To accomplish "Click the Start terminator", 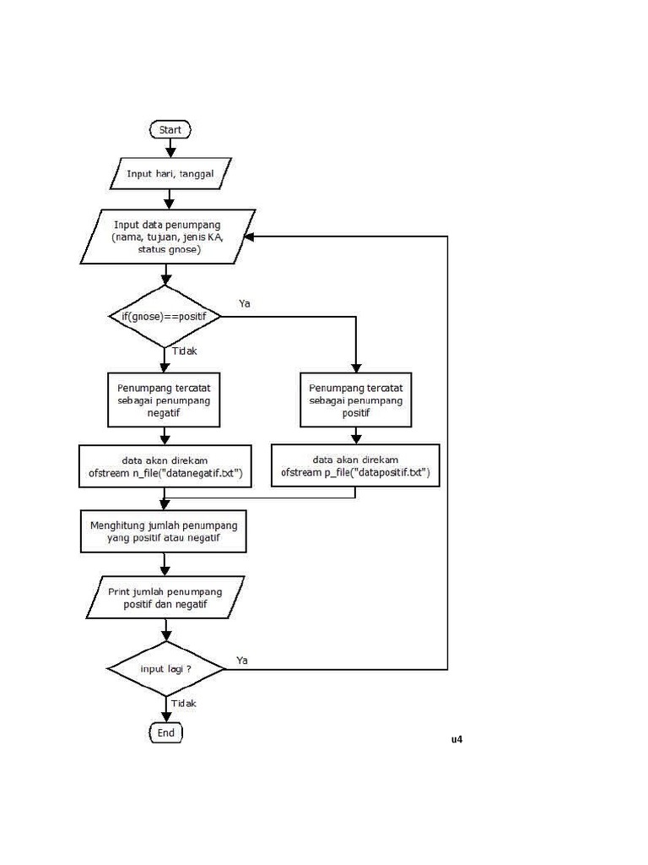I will click(170, 130).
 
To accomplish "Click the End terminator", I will click(165, 732).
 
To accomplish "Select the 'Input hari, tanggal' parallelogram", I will click(170, 173).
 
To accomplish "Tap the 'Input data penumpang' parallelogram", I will click(168, 237).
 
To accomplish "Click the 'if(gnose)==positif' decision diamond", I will click(165, 316).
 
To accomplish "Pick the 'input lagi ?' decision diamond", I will click(165, 669).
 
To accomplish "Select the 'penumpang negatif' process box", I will click(165, 400).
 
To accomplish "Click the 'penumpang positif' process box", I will click(355, 400).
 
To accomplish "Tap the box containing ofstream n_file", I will click(165, 466).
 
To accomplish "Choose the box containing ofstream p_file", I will click(355, 466).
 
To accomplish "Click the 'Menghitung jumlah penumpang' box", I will click(164, 531).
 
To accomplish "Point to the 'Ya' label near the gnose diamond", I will click(245, 303).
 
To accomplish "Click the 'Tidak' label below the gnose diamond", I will click(184, 351).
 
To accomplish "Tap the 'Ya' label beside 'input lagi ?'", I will click(242, 659).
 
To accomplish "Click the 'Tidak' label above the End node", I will click(184, 703).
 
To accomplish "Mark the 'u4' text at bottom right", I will click(456, 740).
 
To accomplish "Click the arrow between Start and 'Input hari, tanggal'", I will click(170, 150).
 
